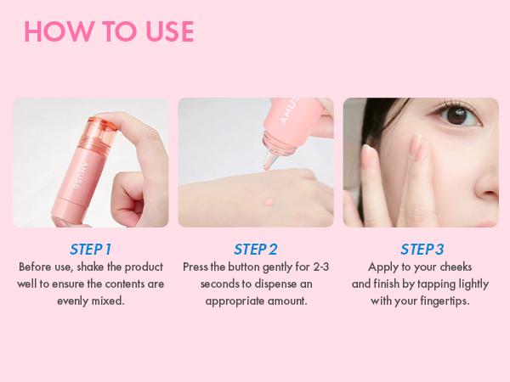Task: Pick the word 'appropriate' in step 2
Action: coord(235,301)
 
